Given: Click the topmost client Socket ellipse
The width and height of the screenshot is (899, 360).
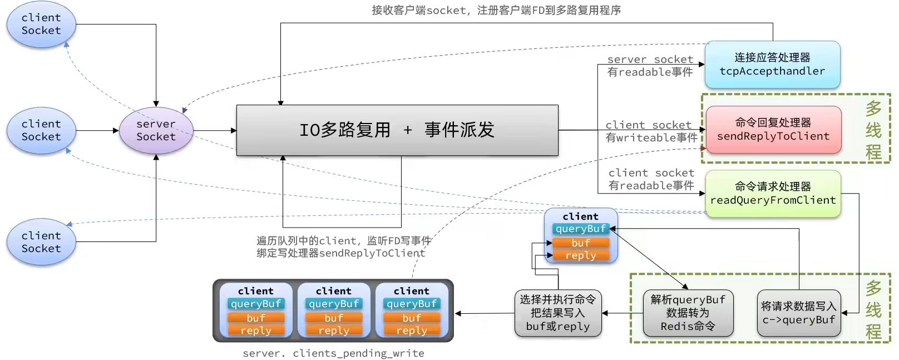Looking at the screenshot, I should click(41, 24).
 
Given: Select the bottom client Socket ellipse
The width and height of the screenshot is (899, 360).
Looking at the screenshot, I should click(41, 242).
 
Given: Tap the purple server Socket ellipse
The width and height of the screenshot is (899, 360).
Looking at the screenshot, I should click(156, 131).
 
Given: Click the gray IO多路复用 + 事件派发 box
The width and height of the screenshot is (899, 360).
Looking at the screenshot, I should click(397, 130).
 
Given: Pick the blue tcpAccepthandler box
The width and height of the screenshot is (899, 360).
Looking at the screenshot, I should click(772, 65).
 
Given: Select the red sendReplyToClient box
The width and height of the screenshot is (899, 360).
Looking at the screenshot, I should click(773, 130).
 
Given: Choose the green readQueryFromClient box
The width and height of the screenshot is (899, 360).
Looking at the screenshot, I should click(773, 194).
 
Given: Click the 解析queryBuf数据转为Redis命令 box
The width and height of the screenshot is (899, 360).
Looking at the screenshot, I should click(688, 313).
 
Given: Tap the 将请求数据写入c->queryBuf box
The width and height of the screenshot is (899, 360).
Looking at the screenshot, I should click(798, 313).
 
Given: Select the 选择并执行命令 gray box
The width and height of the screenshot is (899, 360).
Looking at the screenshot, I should click(557, 313).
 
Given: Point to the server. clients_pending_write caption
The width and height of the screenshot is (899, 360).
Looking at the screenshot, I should click(333, 353).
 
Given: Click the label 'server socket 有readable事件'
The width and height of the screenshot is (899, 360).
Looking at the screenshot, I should click(650, 66).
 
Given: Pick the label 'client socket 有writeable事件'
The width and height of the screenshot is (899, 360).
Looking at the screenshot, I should click(651, 131).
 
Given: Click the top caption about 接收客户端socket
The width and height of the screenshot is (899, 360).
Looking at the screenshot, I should click(496, 10).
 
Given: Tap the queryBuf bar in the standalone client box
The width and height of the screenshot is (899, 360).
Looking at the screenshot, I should click(580, 229).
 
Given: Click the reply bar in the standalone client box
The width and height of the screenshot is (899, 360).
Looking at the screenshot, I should click(580, 255).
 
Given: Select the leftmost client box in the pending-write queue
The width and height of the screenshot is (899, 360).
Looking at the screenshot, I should click(256, 310).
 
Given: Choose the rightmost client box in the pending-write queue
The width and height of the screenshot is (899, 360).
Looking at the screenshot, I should click(412, 310).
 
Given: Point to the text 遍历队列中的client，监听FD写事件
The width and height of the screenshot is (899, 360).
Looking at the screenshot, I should click(343, 241).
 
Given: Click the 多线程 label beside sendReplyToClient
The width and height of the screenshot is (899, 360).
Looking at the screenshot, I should click(873, 130).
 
